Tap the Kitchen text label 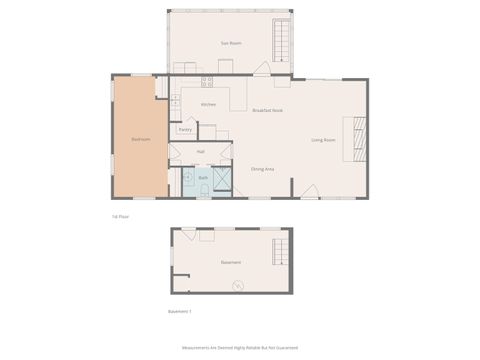click(x=208, y=104)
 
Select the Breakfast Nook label click(x=268, y=110)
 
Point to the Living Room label click(x=321, y=140)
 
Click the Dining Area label click(x=263, y=170)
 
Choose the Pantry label click(x=185, y=129)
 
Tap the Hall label click(x=200, y=151)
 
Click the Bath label click(x=203, y=177)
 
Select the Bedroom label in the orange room click(x=140, y=139)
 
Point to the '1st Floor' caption click(x=120, y=215)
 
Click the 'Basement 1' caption click(x=180, y=311)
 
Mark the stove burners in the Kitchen click(x=206, y=80)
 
